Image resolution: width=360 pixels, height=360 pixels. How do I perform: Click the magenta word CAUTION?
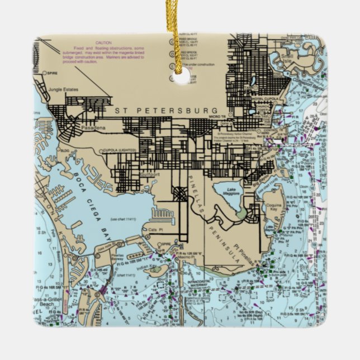pos(104,43)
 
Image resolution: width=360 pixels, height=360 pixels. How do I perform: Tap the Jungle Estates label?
pos(63,89)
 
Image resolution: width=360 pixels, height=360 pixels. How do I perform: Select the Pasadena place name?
pos(93,129)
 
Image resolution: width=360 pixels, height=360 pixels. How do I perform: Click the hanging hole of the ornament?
pos(181,76)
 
